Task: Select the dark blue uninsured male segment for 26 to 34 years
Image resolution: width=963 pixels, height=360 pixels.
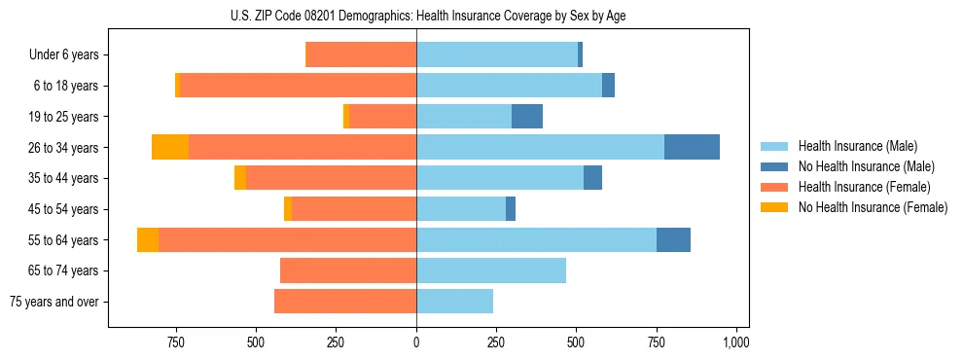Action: pos(692,147)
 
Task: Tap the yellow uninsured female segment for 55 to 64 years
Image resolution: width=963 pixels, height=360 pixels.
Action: pos(148,239)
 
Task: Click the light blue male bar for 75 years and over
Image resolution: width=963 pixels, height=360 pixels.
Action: pos(454,302)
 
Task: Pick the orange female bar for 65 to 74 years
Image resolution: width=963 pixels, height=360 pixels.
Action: pos(348,270)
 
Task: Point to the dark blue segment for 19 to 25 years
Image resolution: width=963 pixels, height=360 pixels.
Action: pos(527,117)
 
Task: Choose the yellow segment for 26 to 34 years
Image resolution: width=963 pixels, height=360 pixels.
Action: pos(170,147)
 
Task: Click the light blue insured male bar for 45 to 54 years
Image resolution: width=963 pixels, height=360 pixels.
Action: pos(461,209)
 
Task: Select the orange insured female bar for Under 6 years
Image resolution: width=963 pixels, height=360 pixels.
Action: pos(362,54)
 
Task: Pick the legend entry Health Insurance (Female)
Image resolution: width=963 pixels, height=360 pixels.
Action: pos(864,187)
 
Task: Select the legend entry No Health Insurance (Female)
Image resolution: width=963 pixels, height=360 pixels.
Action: pos(873,207)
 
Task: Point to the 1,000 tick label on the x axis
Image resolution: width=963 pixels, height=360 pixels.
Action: pos(736,342)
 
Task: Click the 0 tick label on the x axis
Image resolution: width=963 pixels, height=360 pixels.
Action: pos(416,342)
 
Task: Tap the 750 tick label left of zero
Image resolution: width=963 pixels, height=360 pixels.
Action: pos(176,342)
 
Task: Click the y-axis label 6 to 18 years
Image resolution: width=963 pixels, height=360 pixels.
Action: pos(66,86)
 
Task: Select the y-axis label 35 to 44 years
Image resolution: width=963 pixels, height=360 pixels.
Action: pos(64,178)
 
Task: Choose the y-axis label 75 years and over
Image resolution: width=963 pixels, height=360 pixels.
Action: pos(54,302)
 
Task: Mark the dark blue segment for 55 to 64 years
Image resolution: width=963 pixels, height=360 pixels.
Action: pos(673,239)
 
